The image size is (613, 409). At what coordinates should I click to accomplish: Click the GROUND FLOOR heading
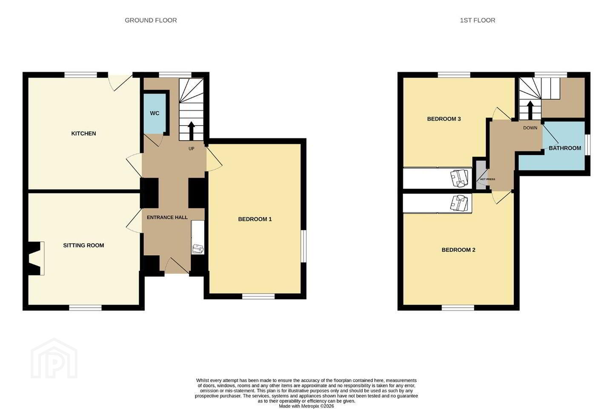(151, 20)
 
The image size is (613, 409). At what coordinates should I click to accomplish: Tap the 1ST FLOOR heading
(478, 20)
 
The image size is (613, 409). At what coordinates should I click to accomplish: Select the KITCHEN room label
(83, 133)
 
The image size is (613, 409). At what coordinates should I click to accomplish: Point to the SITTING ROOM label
(83, 245)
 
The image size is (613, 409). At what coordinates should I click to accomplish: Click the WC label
(155, 113)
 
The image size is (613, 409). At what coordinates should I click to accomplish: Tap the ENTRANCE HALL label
(167, 217)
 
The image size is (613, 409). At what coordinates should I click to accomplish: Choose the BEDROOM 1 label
(255, 219)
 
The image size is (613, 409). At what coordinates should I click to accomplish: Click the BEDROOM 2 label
(458, 250)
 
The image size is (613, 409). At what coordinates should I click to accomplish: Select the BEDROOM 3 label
(444, 119)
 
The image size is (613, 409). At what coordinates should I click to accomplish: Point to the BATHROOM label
(565, 148)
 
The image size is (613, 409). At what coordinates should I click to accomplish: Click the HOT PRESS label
(488, 179)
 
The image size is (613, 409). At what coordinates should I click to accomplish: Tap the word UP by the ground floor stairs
(191, 149)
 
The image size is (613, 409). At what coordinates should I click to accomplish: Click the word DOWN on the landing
(530, 128)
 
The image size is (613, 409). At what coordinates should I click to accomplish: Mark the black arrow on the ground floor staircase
(191, 131)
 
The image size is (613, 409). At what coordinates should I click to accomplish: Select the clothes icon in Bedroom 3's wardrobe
(459, 178)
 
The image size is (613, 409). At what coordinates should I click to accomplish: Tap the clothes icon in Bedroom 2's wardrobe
(459, 203)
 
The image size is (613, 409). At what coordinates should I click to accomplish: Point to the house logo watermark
(54, 358)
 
